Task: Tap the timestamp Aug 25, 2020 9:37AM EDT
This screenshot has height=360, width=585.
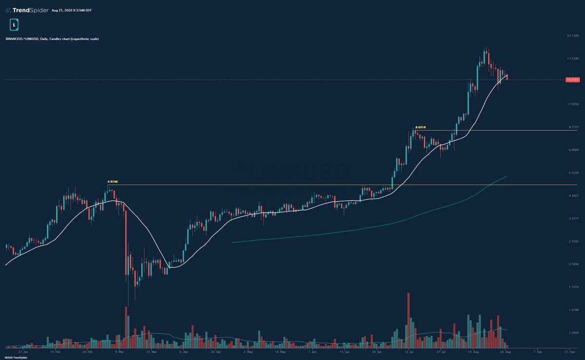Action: point(71,10)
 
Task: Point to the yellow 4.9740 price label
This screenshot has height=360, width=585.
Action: point(112,181)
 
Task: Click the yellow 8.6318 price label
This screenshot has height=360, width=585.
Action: point(420,127)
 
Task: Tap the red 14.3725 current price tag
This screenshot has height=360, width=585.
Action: point(572,80)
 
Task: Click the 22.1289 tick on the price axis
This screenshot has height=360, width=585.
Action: point(572,36)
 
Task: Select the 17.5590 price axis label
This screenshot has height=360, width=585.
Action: point(572,59)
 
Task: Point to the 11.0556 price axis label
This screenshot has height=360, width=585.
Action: point(572,104)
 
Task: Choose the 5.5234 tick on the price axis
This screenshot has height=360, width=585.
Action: point(572,173)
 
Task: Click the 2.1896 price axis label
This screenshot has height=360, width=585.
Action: point(572,264)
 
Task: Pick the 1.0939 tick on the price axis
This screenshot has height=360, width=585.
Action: point(572,333)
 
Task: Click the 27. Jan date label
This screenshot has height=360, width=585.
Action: point(22,351)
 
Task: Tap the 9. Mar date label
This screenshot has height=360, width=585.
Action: point(119,351)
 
